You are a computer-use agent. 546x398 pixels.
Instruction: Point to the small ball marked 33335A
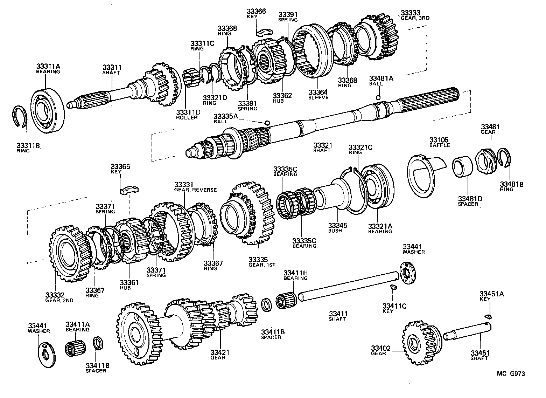click(x=267, y=123)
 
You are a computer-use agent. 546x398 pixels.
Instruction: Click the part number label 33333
click(x=410, y=13)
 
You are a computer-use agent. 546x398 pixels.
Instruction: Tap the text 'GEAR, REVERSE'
click(x=195, y=190)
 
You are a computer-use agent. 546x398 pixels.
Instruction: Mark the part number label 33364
click(x=318, y=92)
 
